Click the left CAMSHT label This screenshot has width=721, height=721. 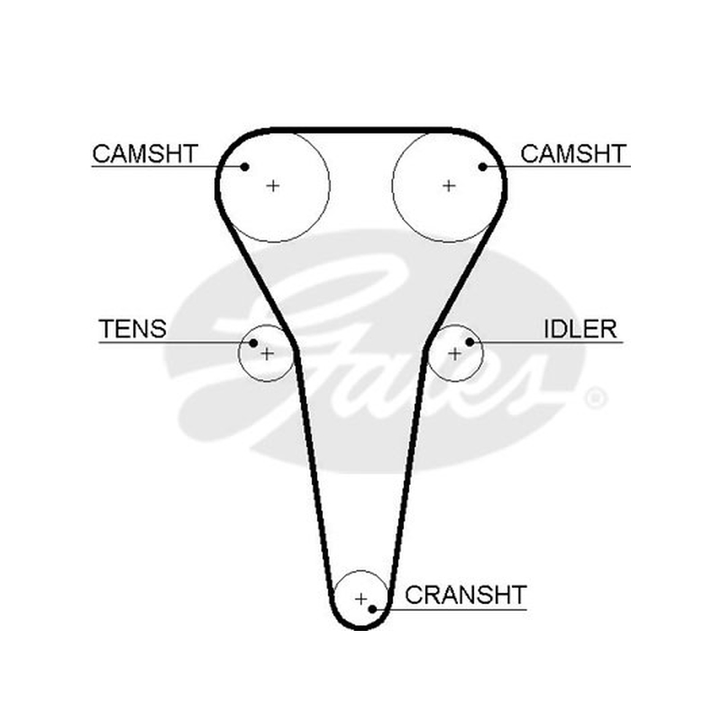click(x=145, y=153)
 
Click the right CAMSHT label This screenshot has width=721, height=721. click(x=573, y=153)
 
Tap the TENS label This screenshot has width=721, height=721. click(x=132, y=329)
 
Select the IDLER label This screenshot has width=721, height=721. click(x=580, y=329)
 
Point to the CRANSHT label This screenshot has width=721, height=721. click(x=465, y=595)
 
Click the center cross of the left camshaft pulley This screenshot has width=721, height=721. click(x=273, y=186)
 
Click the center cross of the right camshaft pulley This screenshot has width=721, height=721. click(x=449, y=186)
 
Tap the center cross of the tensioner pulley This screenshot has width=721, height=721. click(x=267, y=353)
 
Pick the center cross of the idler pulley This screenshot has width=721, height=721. click(x=454, y=353)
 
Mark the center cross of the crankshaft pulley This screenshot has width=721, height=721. click(x=361, y=598)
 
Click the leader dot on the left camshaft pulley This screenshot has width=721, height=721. click(x=245, y=167)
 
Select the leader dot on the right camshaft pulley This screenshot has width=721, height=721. click(x=482, y=167)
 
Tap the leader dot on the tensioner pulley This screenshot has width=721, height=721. click(x=253, y=342)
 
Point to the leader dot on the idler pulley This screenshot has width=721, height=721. click(x=470, y=342)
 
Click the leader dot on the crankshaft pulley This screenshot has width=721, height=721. click(x=373, y=609)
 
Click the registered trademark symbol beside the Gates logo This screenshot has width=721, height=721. click(x=596, y=398)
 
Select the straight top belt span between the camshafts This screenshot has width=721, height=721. click(x=361, y=130)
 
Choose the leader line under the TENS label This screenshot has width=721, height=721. click(x=176, y=342)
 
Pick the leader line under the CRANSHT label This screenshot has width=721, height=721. click(x=450, y=610)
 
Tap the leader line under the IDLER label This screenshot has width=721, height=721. click(x=546, y=342)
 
